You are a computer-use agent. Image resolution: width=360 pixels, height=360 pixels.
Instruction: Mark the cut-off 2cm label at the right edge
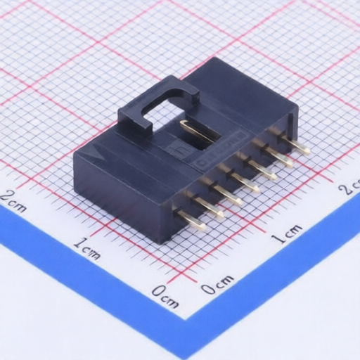[x=350, y=188]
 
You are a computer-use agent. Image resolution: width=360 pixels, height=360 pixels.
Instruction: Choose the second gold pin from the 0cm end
[x=207, y=208]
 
